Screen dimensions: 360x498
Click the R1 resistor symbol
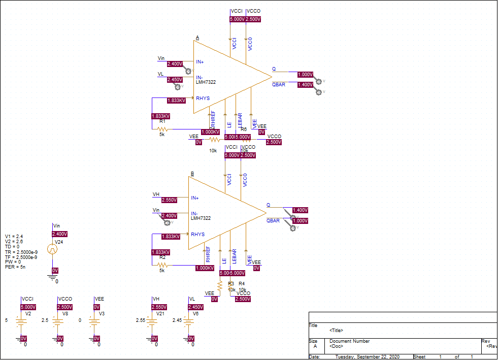[162, 129]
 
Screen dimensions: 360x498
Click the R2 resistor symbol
[162, 265]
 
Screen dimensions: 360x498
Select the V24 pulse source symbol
[52, 249]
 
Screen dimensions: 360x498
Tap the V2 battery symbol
[21, 320]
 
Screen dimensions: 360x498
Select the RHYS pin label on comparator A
[203, 99]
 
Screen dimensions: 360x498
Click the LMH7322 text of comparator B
[201, 218]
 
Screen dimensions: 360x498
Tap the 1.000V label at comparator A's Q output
[305, 75]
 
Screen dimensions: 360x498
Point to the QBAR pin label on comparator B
[273, 221]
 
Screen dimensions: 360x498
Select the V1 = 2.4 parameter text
[15, 237]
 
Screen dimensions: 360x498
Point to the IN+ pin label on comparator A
[200, 62]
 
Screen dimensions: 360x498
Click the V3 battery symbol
[94, 320]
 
